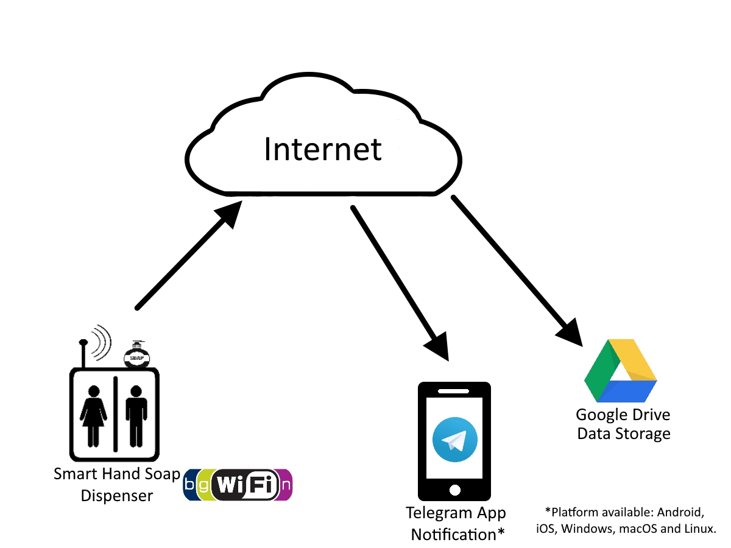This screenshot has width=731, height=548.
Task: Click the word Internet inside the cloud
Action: tap(322, 149)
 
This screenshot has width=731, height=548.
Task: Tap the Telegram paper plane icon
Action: tap(454, 439)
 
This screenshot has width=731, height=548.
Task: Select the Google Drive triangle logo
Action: tap(620, 371)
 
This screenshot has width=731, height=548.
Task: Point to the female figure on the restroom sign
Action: tap(93, 416)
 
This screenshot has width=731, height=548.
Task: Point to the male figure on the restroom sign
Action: tap(136, 416)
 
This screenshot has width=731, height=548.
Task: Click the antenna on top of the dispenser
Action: tap(83, 353)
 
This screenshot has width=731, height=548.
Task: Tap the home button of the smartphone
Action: tap(454, 490)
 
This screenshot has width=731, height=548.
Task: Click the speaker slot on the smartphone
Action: tap(453, 392)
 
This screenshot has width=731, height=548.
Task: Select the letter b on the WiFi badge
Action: tap(189, 485)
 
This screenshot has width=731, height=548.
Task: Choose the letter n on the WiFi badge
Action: tap(286, 485)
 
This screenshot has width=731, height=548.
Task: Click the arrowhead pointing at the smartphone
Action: tap(438, 348)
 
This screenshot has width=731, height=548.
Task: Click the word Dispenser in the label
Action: tap(117, 496)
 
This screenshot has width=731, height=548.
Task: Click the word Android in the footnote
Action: tap(680, 513)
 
